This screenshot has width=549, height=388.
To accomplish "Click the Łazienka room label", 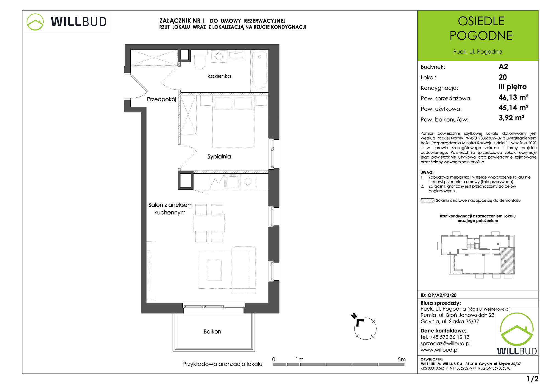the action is pyautogui.click(x=219, y=76).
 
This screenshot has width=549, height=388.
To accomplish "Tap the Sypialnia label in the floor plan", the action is pyautogui.click(x=219, y=156).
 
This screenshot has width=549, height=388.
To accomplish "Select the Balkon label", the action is pyautogui.click(x=212, y=331).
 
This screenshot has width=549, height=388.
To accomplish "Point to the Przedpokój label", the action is pyautogui.click(x=161, y=99).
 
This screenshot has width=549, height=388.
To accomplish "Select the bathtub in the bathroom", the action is pyautogui.click(x=259, y=71).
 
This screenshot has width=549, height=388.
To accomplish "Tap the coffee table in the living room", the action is pyautogui.click(x=215, y=270).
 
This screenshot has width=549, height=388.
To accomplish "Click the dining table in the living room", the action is pyautogui.click(x=209, y=223).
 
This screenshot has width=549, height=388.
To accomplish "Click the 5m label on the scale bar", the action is pyautogui.click(x=401, y=359).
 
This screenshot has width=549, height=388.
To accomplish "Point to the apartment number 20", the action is pyautogui.click(x=503, y=77).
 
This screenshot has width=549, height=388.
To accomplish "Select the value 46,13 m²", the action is pyautogui.click(x=513, y=97).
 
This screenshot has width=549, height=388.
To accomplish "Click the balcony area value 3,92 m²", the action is pyautogui.click(x=511, y=118).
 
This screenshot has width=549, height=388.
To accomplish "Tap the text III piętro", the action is pyautogui.click(x=512, y=87).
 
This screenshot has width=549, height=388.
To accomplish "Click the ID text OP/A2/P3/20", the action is pyautogui.click(x=442, y=295).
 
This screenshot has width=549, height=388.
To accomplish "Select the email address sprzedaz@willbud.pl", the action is pyautogui.click(x=445, y=344).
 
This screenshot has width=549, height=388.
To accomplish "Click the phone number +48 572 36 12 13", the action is pyautogui.click(x=449, y=337).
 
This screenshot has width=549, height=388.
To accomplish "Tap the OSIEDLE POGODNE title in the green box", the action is pyautogui.click(x=481, y=28).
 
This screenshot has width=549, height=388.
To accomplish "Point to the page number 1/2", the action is pyautogui.click(x=533, y=379).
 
